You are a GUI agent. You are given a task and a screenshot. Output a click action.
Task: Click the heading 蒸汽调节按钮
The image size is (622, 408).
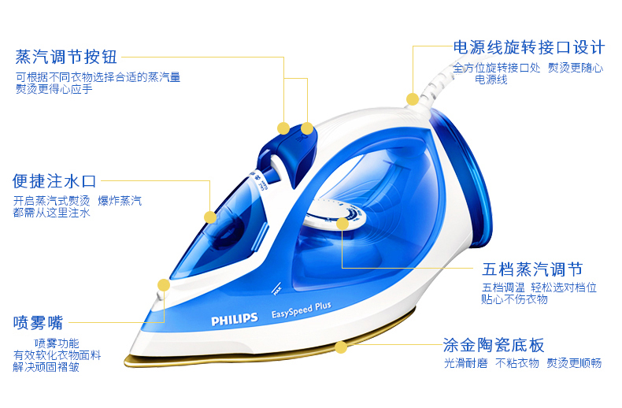coord(66,57)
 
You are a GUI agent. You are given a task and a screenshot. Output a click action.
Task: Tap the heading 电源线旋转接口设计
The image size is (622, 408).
coord(528,46)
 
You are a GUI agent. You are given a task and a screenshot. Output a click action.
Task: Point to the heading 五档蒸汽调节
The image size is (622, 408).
coord(532,269)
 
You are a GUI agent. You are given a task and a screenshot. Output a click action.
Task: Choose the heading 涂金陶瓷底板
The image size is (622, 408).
coord(494,345)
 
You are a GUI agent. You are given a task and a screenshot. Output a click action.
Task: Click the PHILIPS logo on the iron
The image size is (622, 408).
coord(234,319)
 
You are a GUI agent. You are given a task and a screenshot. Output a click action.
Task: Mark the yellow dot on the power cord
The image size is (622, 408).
coord(412,99)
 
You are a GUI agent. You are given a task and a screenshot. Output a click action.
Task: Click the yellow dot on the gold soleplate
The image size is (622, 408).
coord(340,347)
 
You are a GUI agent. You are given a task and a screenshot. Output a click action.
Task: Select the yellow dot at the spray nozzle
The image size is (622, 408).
coord(163,285)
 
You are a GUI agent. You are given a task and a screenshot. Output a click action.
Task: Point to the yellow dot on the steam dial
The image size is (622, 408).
coord(342,224)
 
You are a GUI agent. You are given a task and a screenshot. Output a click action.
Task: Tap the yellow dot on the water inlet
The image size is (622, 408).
coord(210,217)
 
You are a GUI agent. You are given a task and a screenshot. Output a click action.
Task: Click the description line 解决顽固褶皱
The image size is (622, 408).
coord(46,366)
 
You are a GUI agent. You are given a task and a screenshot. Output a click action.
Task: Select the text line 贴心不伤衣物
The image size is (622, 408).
coord(515,299)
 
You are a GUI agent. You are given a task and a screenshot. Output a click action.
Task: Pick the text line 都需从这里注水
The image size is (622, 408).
coord(52,213)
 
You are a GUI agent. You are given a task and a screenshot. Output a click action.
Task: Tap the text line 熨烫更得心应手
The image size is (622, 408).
coord(54,88)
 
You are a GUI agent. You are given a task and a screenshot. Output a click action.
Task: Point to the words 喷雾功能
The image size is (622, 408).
coord(57,343)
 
